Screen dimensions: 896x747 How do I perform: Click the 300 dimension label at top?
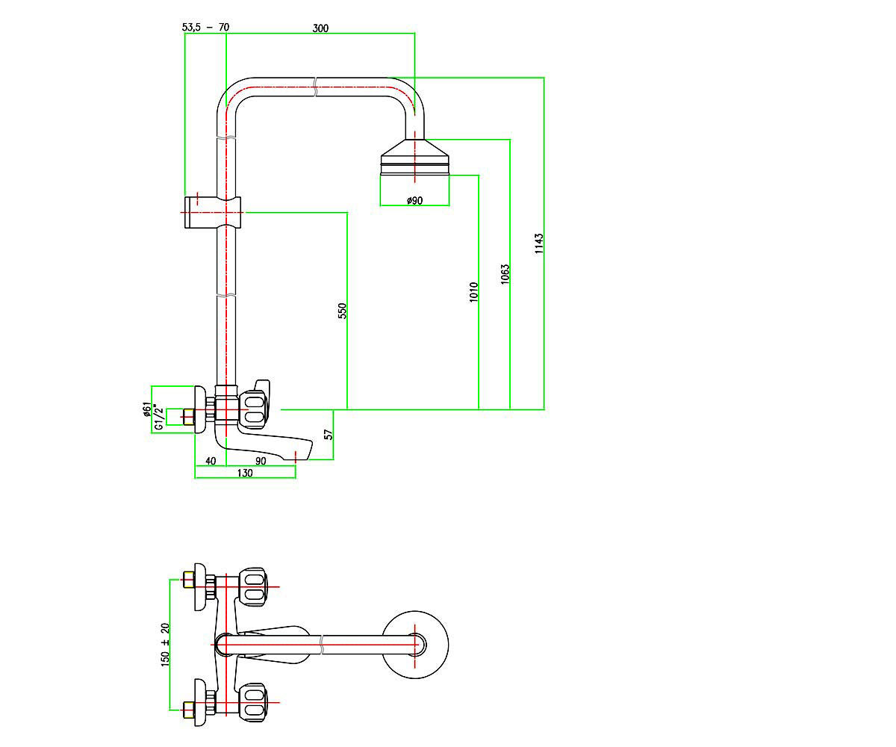(x=320, y=28)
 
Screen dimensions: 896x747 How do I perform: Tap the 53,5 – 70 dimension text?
(x=205, y=27)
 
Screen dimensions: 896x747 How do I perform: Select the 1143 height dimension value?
(x=539, y=244)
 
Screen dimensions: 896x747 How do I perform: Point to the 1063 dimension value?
(x=505, y=274)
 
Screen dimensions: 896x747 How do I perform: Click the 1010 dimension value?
(x=473, y=292)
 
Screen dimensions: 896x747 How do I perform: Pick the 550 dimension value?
(x=342, y=311)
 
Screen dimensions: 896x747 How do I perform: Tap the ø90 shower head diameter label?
(x=414, y=200)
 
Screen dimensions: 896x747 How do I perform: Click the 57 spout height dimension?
(x=329, y=435)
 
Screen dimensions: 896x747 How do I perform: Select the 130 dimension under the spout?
(x=245, y=473)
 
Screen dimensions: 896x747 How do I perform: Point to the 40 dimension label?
(x=211, y=461)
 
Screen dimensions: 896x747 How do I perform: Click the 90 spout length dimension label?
(x=261, y=461)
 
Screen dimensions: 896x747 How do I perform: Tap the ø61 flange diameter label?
(x=147, y=409)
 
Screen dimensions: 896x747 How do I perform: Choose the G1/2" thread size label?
(x=159, y=417)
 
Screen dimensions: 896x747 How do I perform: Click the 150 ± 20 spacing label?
(x=165, y=645)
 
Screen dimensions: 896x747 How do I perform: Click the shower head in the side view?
(x=414, y=157)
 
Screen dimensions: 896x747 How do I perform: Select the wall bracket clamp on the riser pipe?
(x=213, y=212)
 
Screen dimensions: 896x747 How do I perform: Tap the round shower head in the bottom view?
(x=415, y=645)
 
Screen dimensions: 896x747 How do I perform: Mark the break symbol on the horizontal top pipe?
(x=316, y=87)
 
